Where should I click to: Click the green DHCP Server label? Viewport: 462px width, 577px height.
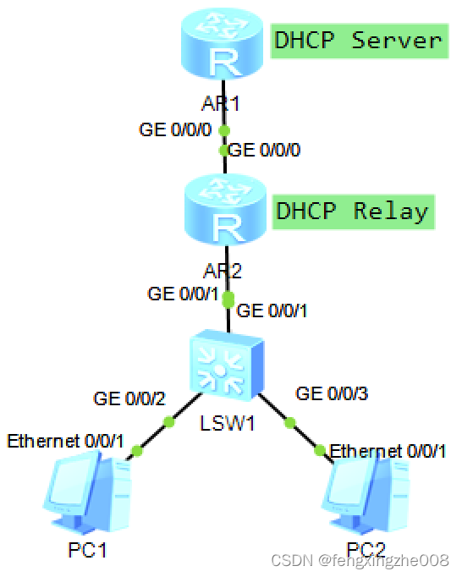click(x=358, y=41)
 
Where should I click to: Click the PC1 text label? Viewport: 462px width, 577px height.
click(x=88, y=551)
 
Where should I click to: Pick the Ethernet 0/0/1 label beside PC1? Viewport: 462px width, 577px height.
click(x=65, y=441)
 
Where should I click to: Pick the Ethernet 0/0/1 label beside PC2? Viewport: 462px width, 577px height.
click(x=388, y=451)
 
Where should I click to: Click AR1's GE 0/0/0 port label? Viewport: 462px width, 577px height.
click(x=173, y=130)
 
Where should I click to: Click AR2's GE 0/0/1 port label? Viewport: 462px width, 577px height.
click(x=183, y=294)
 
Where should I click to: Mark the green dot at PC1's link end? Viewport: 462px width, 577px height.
click(x=137, y=450)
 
